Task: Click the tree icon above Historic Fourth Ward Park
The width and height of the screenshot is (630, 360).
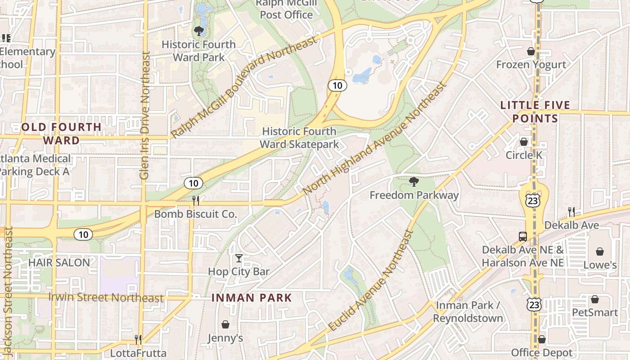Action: (198, 31)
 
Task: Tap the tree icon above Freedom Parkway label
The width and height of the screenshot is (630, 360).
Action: (414, 182)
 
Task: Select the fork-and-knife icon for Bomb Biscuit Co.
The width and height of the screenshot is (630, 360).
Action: (196, 200)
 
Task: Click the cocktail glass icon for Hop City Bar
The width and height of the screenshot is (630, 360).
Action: (238, 258)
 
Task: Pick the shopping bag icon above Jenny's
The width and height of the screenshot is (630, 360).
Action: (225, 324)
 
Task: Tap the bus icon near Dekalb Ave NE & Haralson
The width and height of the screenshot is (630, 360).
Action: (522, 236)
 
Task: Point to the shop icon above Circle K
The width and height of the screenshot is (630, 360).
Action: (524, 142)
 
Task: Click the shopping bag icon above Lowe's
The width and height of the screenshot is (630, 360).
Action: (599, 252)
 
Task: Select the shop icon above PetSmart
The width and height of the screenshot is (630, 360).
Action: (595, 299)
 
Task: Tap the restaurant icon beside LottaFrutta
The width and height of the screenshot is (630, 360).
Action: (138, 339)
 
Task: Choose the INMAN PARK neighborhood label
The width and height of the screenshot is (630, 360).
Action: (252, 297)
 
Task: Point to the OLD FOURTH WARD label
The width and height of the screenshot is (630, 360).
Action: (61, 133)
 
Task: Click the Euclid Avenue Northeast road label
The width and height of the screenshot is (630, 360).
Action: (372, 282)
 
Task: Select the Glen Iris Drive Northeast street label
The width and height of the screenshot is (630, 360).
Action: (144, 116)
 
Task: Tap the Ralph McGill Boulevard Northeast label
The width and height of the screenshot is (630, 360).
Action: (244, 88)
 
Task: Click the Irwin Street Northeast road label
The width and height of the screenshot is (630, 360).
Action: (106, 297)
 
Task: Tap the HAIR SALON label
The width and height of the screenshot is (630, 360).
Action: (59, 262)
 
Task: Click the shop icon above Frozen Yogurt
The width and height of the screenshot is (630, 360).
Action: (531, 51)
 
